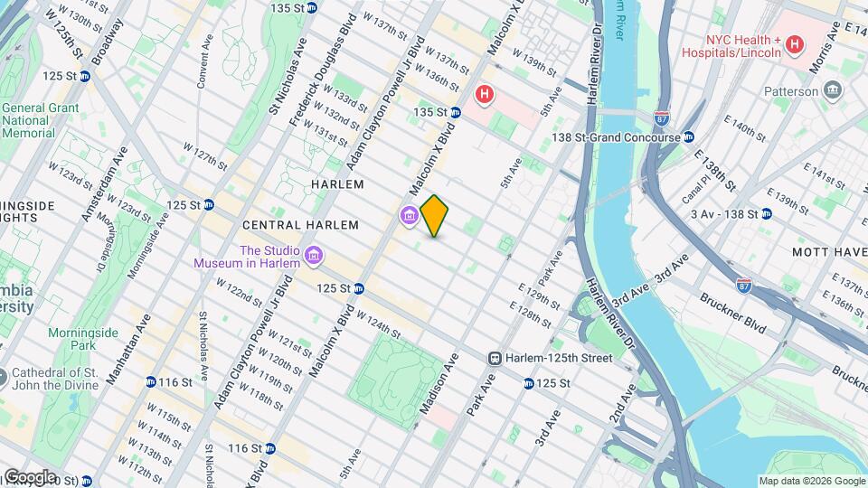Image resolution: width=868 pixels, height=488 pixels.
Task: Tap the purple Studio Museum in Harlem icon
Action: (x=314, y=257)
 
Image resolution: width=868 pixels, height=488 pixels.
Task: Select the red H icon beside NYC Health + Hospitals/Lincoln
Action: (x=794, y=43)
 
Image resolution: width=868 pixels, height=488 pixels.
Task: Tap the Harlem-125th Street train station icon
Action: (x=495, y=358)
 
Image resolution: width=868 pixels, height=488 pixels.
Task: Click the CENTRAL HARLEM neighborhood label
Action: (x=300, y=225)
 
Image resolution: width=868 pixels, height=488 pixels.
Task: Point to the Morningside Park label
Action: (x=83, y=339)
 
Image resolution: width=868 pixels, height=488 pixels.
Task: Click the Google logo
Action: (x=29, y=476)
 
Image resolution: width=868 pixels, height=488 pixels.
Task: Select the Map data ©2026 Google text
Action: (x=811, y=481)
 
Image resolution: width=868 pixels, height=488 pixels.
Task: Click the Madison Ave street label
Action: (x=439, y=384)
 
